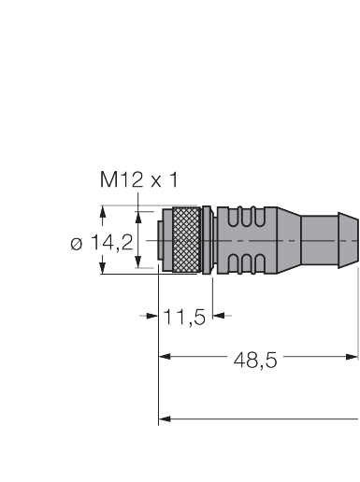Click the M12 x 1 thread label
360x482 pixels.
(x=139, y=179)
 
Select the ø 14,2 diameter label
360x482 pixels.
(x=102, y=243)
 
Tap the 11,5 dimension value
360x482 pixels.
(x=184, y=317)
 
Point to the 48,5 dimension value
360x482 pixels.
(x=255, y=361)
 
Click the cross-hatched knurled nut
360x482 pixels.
(x=186, y=240)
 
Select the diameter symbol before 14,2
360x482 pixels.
(x=77, y=244)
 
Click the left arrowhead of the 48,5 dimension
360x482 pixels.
(x=165, y=357)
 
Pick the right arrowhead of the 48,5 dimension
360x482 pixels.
(x=352, y=357)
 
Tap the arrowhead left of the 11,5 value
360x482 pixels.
(x=152, y=316)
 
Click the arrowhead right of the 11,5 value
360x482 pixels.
(x=219, y=316)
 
